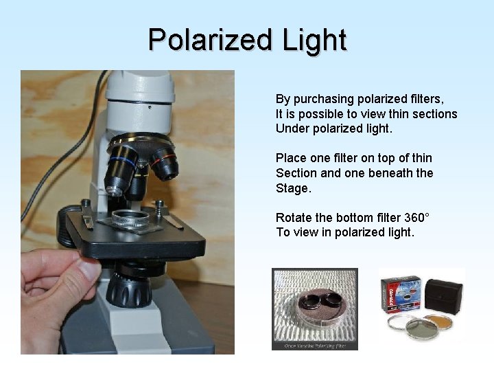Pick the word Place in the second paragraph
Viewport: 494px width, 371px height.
[x=291, y=159]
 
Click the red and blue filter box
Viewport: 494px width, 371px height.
[x=402, y=294]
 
